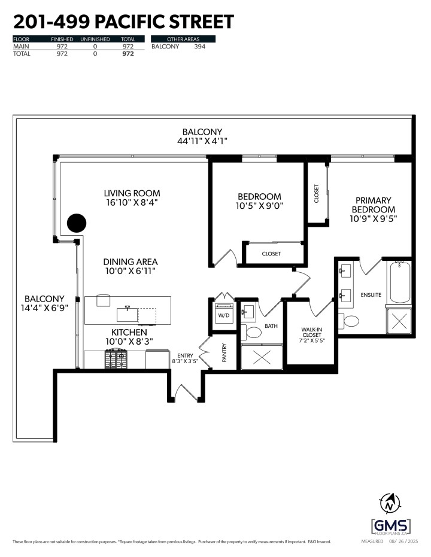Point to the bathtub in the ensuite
tap(400, 281)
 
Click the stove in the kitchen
tap(117, 360)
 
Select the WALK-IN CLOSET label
tap(311, 335)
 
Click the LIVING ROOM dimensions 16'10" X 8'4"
tap(132, 203)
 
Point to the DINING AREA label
tap(130, 261)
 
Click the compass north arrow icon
tap(390, 505)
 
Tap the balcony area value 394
tap(199, 46)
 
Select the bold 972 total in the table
tap(128, 53)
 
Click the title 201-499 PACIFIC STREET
tap(123, 22)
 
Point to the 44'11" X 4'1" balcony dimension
tap(202, 142)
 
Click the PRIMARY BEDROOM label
tap(373, 205)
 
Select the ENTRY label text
tap(184, 355)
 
